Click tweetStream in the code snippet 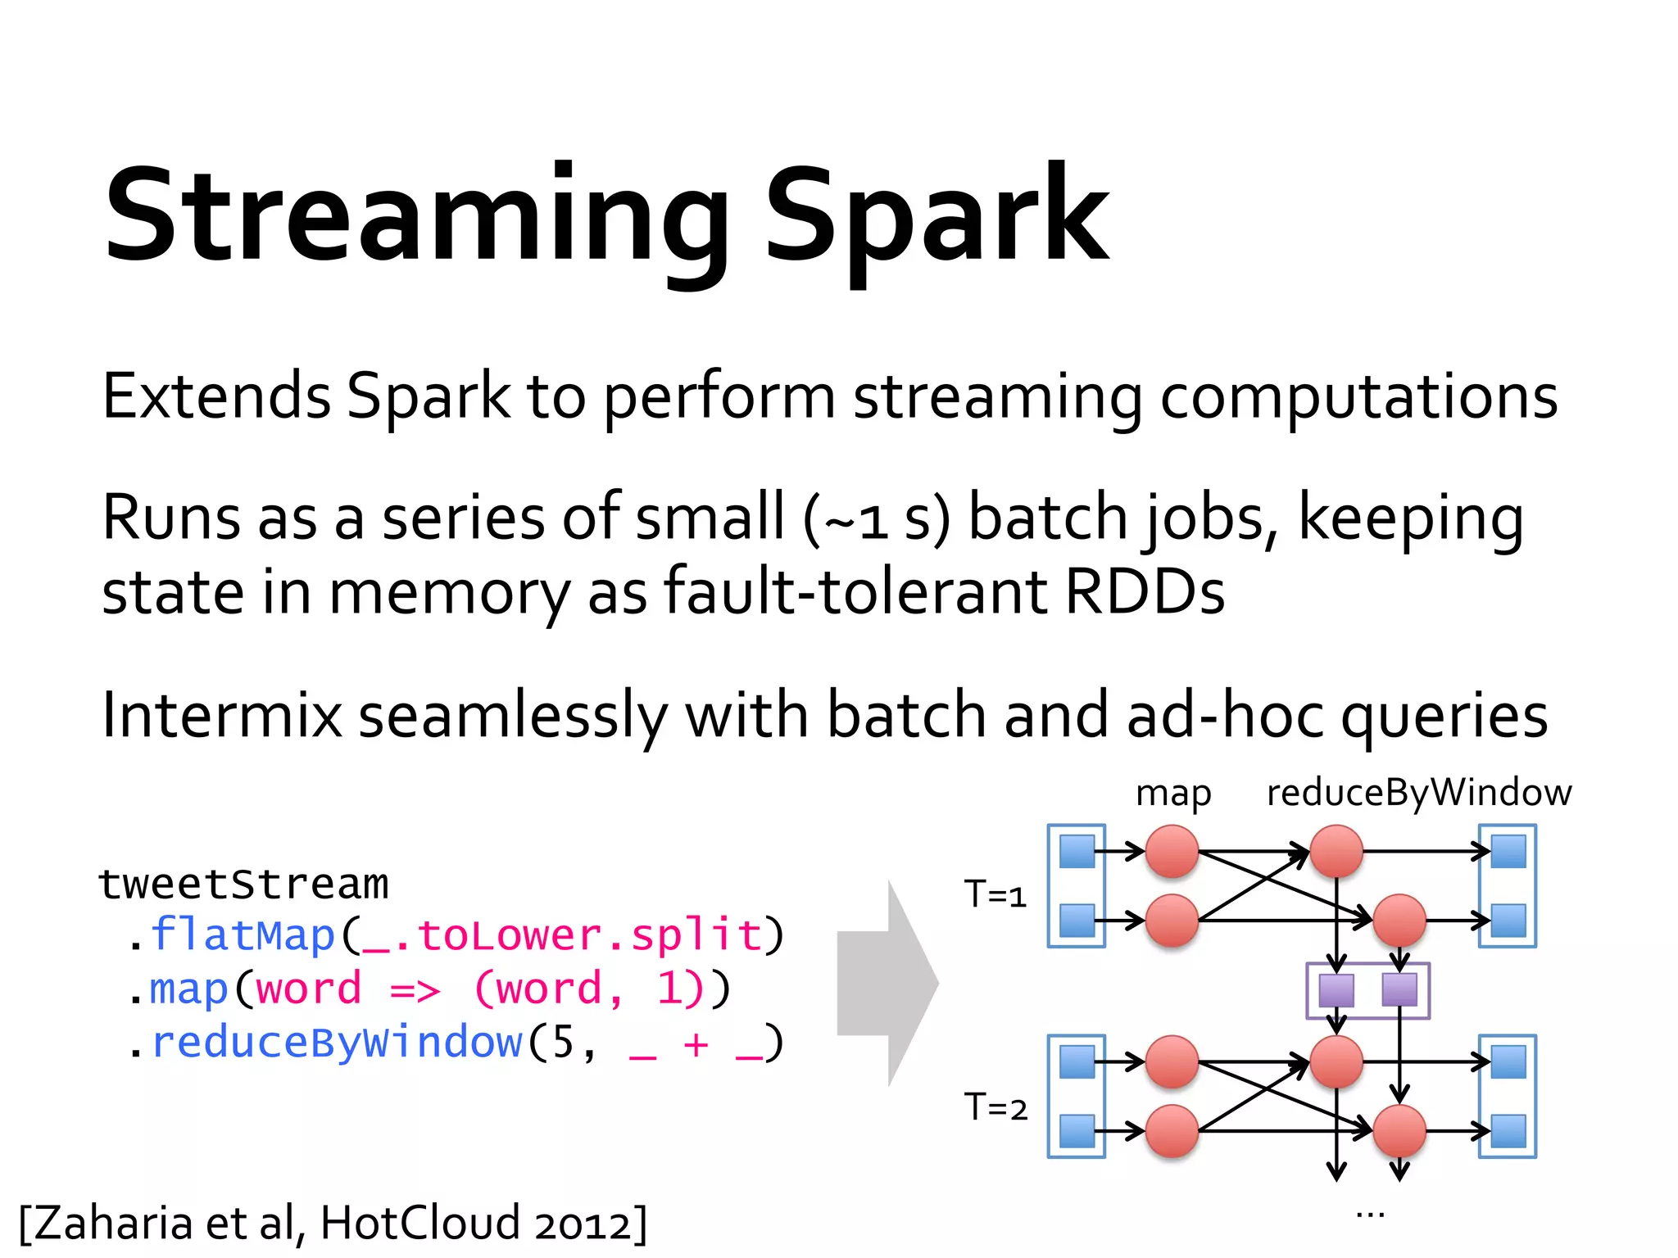(x=243, y=885)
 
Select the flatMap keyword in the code (x=243, y=935)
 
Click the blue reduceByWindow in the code (x=337, y=1043)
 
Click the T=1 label (x=995, y=894)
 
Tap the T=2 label (x=995, y=1108)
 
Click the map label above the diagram (x=1172, y=794)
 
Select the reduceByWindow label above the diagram (x=1418, y=794)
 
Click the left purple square (x=1336, y=990)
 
